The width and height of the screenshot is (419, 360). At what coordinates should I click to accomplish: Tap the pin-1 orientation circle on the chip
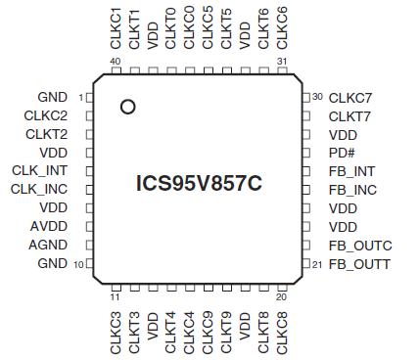pos(128,107)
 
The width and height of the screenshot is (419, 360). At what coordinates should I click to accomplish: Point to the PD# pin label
pos(342,153)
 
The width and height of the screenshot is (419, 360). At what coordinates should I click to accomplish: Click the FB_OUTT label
pos(359,264)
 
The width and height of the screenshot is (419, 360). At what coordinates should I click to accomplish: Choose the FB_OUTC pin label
pos(360,246)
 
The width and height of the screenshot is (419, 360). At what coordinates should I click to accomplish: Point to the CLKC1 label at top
pos(116,27)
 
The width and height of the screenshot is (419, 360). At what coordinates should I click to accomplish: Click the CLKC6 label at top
pos(283,27)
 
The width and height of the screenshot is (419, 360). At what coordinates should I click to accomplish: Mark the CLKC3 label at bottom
pos(116,332)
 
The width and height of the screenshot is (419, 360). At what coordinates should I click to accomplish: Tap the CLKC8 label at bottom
pos(283,332)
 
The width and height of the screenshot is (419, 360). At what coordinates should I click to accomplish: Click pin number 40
pos(115,62)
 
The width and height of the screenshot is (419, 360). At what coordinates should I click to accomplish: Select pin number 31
pos(282,62)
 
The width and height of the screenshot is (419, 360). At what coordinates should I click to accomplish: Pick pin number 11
pos(115,297)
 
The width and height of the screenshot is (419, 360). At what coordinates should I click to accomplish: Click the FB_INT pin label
pos(352,171)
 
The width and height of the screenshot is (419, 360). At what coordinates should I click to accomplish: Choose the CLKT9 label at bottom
pos(227,332)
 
